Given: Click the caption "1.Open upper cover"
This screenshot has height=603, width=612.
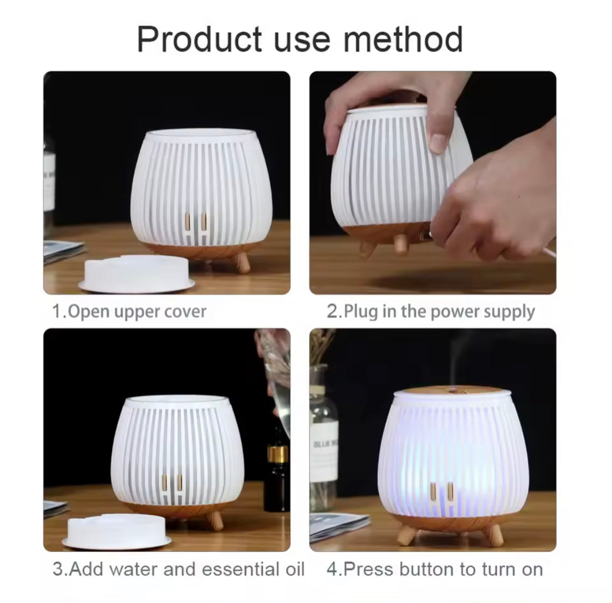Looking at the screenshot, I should coord(129,312).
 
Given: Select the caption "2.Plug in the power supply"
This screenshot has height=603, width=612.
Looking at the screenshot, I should coord(430,312).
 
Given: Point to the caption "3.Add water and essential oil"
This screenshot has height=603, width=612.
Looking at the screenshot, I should coord(178,569).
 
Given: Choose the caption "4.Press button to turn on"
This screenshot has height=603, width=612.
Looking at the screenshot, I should coord(434,569).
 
